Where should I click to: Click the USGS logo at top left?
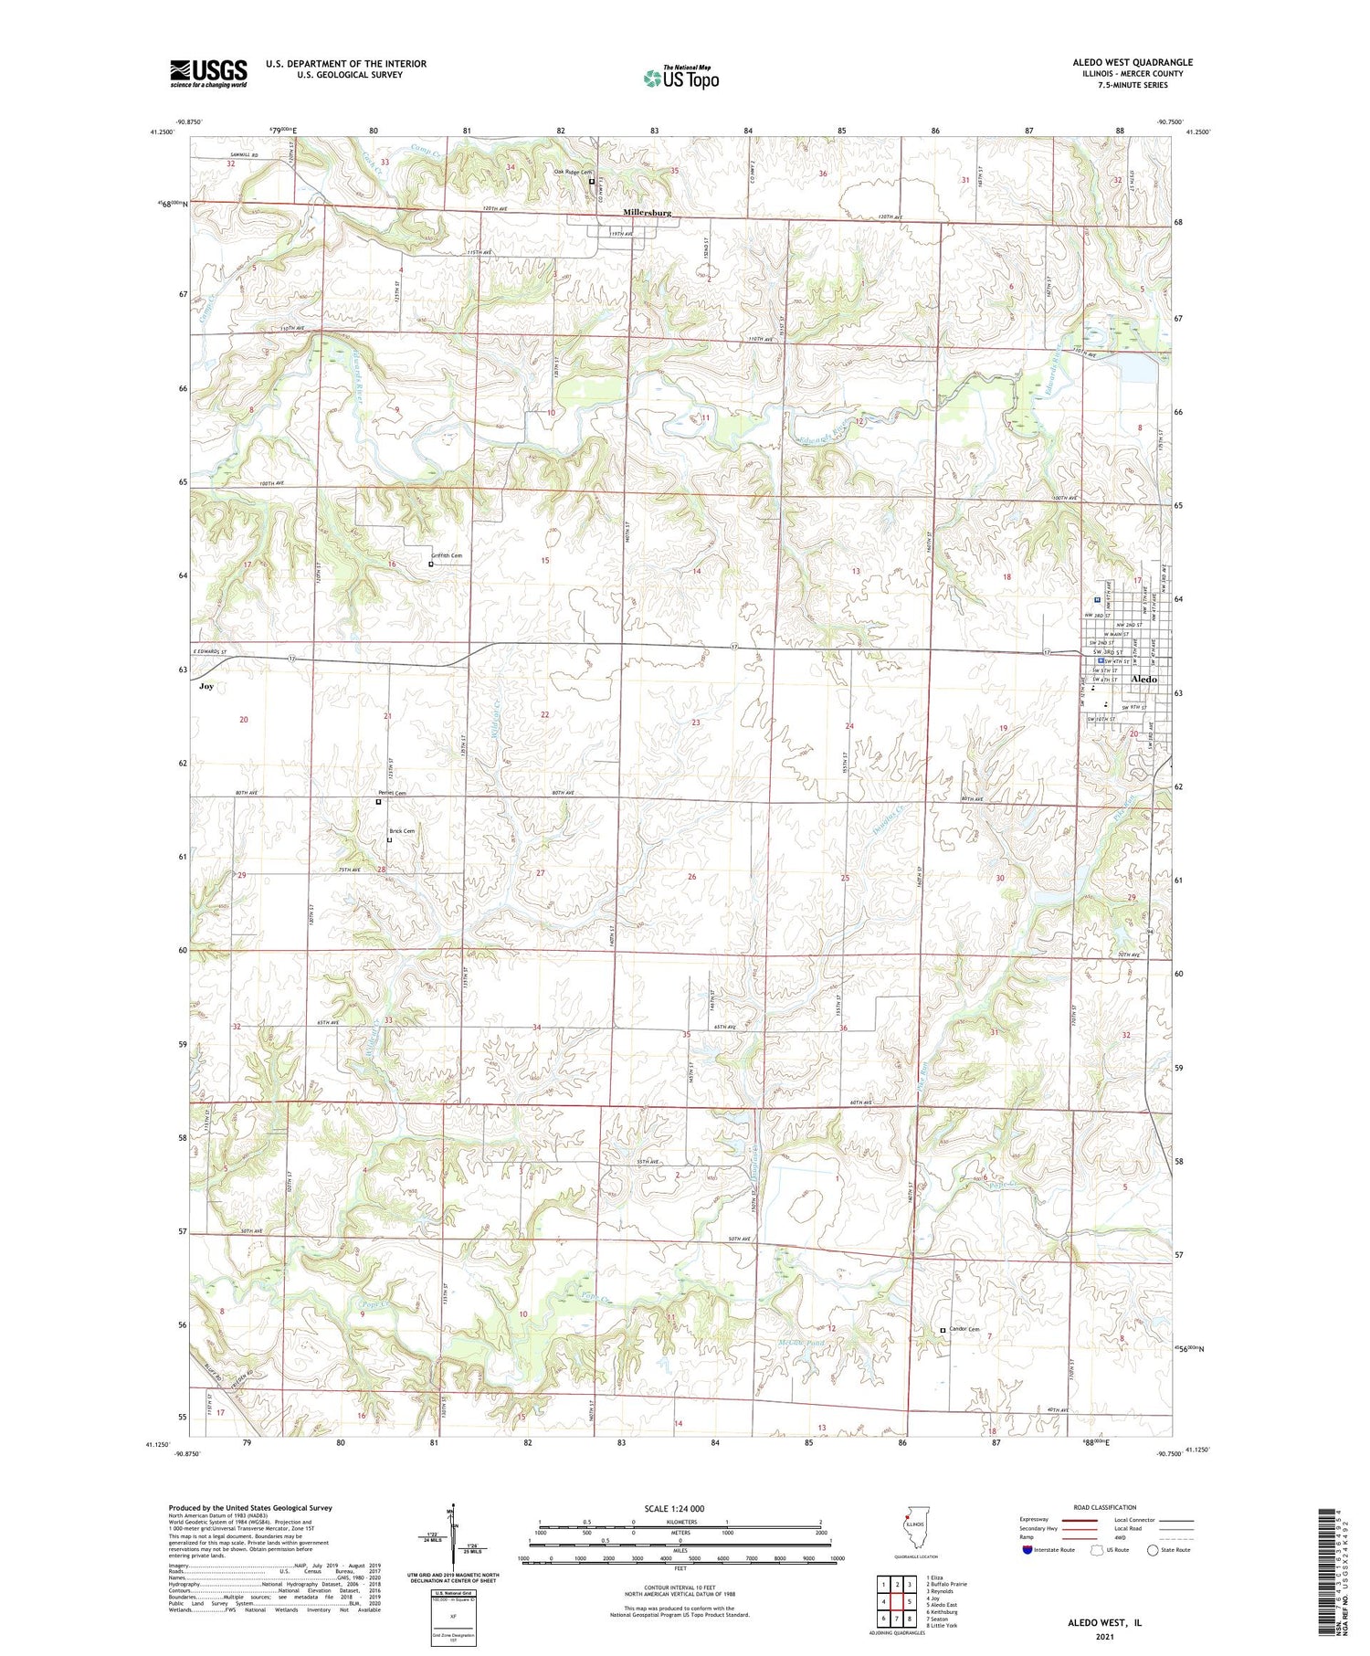click(x=208, y=73)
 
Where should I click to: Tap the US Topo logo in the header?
click(x=680, y=79)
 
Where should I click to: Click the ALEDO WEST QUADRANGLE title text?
click(x=1132, y=62)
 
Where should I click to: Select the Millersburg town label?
click(x=647, y=213)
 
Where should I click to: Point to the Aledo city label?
click(x=1143, y=680)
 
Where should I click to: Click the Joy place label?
click(x=206, y=686)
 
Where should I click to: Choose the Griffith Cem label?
click(x=447, y=555)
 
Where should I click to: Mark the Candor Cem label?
click(x=964, y=1329)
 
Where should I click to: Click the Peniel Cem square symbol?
click(x=379, y=802)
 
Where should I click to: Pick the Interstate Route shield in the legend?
click(x=1027, y=1550)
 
